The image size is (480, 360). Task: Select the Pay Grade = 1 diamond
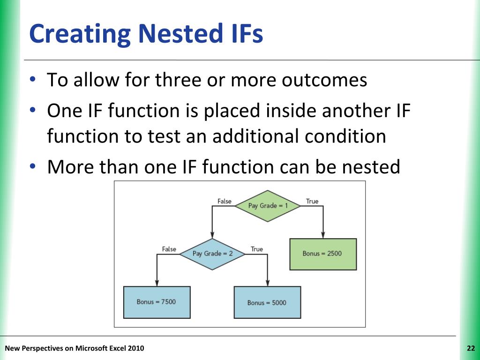point(268,206)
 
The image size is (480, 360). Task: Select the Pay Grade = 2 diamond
point(212,254)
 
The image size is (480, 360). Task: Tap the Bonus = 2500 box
point(323,254)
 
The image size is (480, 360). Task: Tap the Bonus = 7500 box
point(157,302)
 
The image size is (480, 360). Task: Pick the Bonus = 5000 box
point(267,302)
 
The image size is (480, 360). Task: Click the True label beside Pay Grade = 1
point(312,201)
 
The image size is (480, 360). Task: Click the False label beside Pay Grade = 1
point(225,201)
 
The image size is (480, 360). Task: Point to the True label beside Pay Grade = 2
point(257,249)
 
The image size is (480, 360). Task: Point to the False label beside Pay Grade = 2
point(169,249)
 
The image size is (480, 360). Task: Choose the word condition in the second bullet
point(346,136)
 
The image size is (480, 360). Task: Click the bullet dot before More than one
point(32,166)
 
